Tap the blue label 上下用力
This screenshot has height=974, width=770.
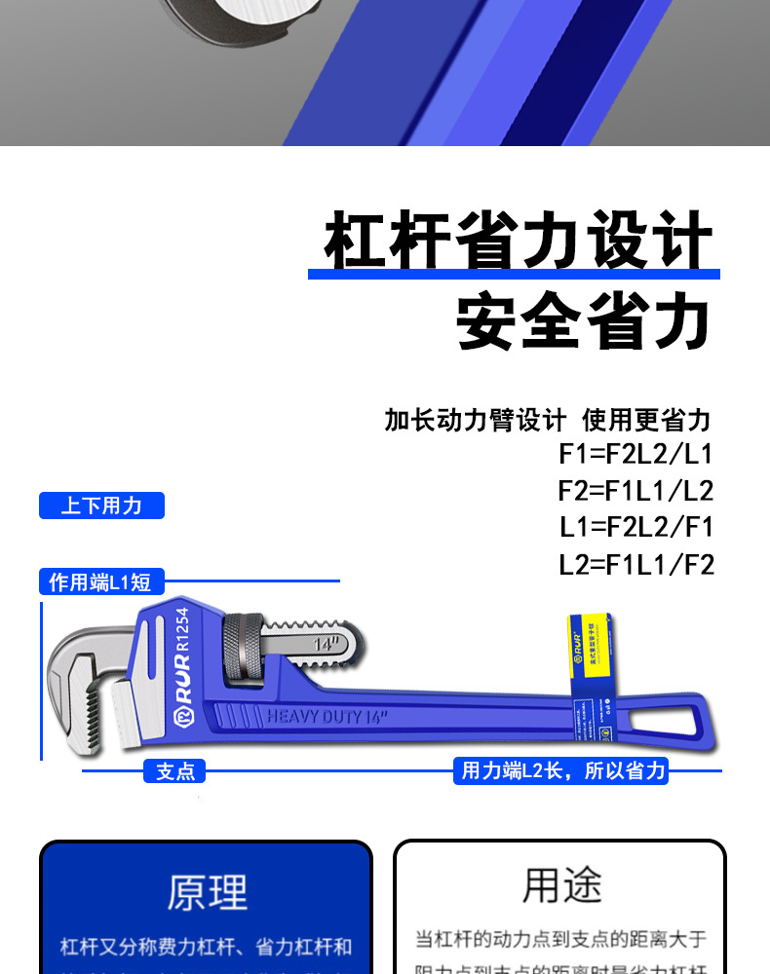click(x=101, y=506)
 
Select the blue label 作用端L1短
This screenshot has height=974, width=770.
click(x=100, y=582)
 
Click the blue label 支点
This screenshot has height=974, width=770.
click(x=175, y=771)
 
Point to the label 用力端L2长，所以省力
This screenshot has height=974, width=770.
click(x=562, y=771)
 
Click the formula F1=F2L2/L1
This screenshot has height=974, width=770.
click(x=635, y=453)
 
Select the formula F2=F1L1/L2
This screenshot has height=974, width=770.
click(x=635, y=490)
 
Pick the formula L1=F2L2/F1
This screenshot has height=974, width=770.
click(x=635, y=527)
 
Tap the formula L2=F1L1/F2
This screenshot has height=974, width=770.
click(x=635, y=564)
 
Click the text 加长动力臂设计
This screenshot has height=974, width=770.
click(x=475, y=420)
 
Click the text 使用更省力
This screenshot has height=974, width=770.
click(x=646, y=420)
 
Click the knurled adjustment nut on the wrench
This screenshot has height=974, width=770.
click(x=243, y=651)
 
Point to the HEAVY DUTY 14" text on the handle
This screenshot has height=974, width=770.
click(x=327, y=717)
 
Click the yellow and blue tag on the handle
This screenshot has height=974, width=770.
click(x=593, y=662)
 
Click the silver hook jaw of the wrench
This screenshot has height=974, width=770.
click(x=78, y=662)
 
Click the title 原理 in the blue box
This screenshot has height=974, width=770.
click(x=207, y=892)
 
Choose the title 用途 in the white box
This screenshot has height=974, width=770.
click(x=561, y=885)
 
